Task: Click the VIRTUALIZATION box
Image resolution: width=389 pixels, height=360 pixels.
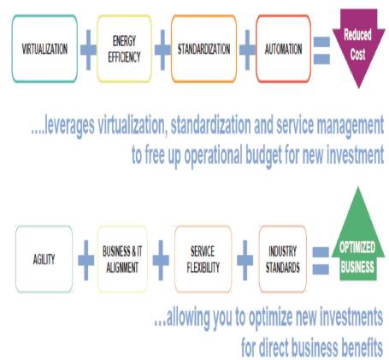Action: (x=44, y=49)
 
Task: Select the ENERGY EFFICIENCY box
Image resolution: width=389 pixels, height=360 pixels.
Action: (x=124, y=49)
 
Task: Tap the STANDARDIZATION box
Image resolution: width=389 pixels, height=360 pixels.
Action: (x=203, y=49)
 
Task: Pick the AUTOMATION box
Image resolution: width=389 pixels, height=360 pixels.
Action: (x=283, y=49)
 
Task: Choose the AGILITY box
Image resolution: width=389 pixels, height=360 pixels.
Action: (x=44, y=259)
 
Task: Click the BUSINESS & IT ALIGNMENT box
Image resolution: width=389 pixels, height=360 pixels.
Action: (x=122, y=259)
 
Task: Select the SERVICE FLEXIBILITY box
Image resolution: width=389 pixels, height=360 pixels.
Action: (x=203, y=259)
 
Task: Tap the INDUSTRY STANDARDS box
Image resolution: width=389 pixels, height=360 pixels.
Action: (x=283, y=259)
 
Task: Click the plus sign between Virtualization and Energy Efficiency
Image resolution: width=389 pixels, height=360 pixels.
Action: (x=88, y=50)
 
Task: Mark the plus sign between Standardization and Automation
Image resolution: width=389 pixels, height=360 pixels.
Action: (x=247, y=50)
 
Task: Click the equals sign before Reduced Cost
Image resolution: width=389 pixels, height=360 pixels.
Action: (x=321, y=50)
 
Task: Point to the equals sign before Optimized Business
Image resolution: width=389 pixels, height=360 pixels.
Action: (x=321, y=261)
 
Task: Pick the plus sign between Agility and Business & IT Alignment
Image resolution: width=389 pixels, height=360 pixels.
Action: (x=86, y=260)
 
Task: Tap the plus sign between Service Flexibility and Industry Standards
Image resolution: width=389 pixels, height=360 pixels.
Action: (x=245, y=260)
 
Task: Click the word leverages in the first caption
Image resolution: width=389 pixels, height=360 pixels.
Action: (x=69, y=126)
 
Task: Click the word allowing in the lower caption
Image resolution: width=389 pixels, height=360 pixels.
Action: (x=188, y=318)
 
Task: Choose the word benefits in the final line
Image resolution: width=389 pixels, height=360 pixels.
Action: (x=362, y=347)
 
